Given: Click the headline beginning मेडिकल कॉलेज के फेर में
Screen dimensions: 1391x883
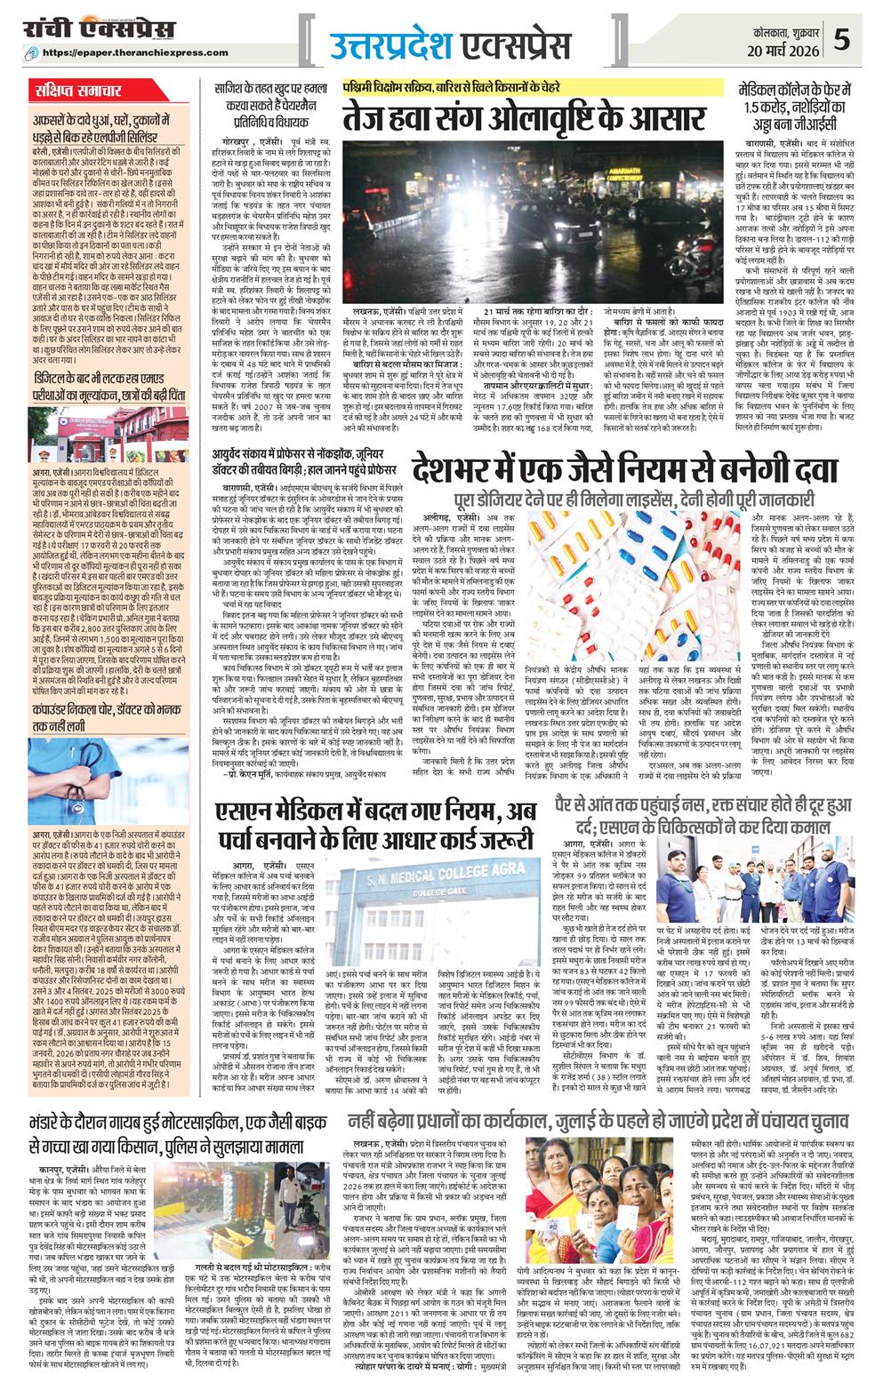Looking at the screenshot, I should click(x=799, y=106).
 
